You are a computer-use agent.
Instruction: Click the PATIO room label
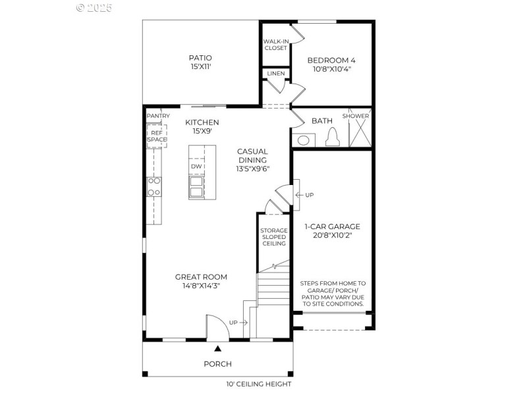(200, 58)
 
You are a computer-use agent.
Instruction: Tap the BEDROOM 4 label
(331, 60)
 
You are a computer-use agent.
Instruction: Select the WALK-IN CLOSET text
(275, 45)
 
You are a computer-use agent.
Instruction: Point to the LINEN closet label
(276, 73)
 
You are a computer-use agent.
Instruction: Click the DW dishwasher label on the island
(196, 167)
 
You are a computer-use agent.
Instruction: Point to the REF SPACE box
(157, 136)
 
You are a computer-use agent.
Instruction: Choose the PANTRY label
(158, 116)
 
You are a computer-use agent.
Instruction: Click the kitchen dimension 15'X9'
(202, 132)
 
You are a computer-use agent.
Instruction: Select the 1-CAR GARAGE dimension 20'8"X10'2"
(332, 235)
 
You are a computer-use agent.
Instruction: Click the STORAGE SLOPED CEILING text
(273, 237)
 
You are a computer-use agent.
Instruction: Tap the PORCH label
(217, 364)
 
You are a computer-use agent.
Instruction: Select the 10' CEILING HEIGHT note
(259, 384)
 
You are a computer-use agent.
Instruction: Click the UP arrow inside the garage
(305, 195)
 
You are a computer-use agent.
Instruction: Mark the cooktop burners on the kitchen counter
(154, 186)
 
